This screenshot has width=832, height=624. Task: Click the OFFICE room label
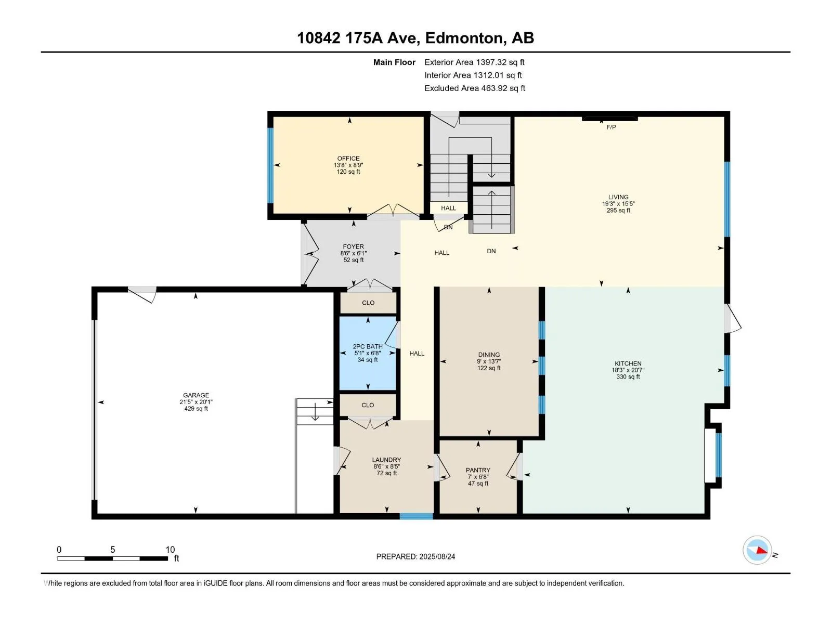pyautogui.click(x=348, y=159)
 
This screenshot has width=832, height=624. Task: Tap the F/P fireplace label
pyautogui.click(x=610, y=127)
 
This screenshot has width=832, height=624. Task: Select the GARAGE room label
pyautogui.click(x=196, y=395)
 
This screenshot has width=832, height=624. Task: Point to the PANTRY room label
pyautogui.click(x=477, y=470)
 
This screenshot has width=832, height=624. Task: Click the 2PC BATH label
pyautogui.click(x=367, y=347)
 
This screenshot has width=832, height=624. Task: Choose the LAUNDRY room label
pyautogui.click(x=386, y=460)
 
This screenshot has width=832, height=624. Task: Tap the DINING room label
pyautogui.click(x=489, y=355)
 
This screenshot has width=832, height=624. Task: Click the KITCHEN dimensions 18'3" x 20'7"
pyautogui.click(x=628, y=370)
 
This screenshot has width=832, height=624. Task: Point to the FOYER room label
pyautogui.click(x=353, y=246)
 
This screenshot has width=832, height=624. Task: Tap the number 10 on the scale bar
pyautogui.click(x=170, y=549)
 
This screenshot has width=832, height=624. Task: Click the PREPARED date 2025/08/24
pyautogui.click(x=437, y=556)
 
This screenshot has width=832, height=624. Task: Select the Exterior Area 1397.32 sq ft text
pyautogui.click(x=474, y=62)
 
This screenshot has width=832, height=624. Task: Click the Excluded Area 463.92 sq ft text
pyautogui.click(x=475, y=88)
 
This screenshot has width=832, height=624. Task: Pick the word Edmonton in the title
pyautogui.click(x=464, y=38)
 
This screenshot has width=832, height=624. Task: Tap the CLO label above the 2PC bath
pyautogui.click(x=368, y=303)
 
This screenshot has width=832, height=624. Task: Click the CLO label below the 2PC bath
pyautogui.click(x=367, y=405)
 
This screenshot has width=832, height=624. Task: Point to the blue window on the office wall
pyautogui.click(x=270, y=165)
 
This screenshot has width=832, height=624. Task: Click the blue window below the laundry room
pyautogui.click(x=416, y=516)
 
